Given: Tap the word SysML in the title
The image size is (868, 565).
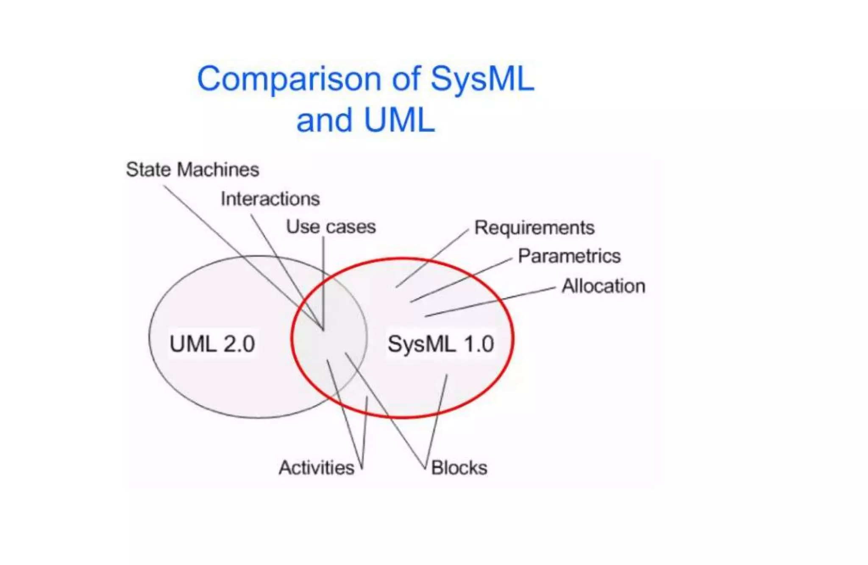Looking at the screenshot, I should click(x=482, y=79).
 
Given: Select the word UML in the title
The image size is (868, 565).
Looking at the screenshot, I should click(x=399, y=120).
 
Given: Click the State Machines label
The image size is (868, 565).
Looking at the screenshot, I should click(x=192, y=170).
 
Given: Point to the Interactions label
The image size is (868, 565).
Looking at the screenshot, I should click(x=270, y=199).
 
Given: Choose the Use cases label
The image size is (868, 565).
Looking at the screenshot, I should click(x=331, y=227).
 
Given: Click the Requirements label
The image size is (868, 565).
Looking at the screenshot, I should click(x=534, y=228).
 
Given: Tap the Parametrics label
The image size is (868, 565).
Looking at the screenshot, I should click(x=569, y=256).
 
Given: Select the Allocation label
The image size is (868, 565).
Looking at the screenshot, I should click(x=603, y=286).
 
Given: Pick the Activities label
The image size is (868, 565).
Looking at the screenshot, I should click(x=316, y=468).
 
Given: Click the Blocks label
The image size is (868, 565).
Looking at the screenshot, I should click(x=459, y=468).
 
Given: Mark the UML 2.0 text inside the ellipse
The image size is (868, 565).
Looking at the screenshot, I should click(x=212, y=344).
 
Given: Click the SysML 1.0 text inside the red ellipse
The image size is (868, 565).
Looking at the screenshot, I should click(x=441, y=344).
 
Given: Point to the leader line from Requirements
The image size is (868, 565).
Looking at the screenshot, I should click(x=432, y=259).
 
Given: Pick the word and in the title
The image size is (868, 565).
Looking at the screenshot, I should click(x=324, y=120).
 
